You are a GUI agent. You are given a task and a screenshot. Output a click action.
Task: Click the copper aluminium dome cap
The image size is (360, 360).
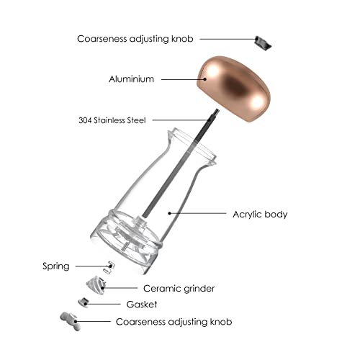[x=233, y=89]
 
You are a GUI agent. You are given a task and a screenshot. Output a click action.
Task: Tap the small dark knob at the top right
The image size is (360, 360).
[x=263, y=43]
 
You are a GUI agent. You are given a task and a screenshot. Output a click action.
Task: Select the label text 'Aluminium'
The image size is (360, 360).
[x=131, y=79]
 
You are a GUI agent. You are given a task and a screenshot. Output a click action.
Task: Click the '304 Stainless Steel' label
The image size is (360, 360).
[x=112, y=120]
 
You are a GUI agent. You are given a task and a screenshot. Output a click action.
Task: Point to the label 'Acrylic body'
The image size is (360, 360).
[x=260, y=214]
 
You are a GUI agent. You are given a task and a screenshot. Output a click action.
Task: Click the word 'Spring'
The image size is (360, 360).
[x=56, y=266]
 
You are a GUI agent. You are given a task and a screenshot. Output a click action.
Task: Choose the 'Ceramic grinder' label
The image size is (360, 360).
[x=179, y=288]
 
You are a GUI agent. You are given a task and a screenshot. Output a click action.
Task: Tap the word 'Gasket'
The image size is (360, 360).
[x=142, y=305]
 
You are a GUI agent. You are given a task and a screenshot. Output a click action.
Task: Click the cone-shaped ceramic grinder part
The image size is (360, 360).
[x=96, y=285]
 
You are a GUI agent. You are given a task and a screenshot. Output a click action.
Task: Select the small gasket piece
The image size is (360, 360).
[x=84, y=302]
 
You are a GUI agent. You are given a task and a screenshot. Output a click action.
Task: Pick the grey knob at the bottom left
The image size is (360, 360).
[x=71, y=321]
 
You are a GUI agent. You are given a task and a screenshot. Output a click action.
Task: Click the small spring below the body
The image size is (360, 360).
[x=109, y=267]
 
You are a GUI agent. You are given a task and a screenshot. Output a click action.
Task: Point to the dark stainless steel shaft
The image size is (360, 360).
[x=181, y=163]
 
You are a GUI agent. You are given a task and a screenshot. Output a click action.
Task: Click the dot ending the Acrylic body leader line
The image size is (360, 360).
[x=169, y=213]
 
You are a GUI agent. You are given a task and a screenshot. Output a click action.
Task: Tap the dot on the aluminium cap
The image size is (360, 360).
[x=204, y=79]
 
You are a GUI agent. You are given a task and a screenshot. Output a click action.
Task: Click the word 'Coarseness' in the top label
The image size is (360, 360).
[x=102, y=39]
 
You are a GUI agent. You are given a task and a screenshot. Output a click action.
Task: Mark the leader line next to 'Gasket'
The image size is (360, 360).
[x=104, y=304]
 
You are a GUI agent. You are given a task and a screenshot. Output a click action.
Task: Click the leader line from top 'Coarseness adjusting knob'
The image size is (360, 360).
[x=228, y=39]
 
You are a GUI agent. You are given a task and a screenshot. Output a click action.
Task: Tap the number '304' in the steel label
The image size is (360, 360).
[x=85, y=120]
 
